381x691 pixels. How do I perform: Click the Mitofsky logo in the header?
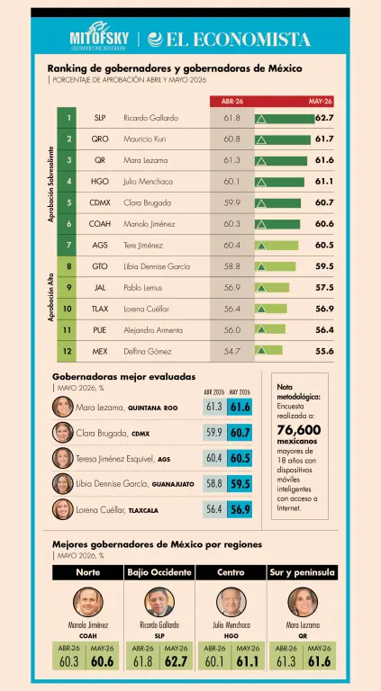click(99, 33)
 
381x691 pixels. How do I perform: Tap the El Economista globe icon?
click(156, 40)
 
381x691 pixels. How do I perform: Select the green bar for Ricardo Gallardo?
click(285, 119)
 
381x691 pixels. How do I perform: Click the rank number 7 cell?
click(68, 245)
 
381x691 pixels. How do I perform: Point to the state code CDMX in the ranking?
click(100, 203)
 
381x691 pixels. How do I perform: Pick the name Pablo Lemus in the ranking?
click(143, 288)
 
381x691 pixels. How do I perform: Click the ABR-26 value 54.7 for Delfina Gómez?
click(232, 351)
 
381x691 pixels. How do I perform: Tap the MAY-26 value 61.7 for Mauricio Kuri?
click(324, 139)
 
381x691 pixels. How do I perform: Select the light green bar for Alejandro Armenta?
click(270, 329)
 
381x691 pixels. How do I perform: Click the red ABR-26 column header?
click(232, 101)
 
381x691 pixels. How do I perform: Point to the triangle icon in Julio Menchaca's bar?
click(261, 183)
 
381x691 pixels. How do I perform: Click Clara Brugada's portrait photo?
click(63, 432)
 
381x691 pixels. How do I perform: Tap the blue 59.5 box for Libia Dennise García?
click(240, 484)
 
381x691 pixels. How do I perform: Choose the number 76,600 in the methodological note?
click(299, 430)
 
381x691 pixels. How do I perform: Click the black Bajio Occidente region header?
click(159, 572)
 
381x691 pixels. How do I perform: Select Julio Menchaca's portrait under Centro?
click(231, 602)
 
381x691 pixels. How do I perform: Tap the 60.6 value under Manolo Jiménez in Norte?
click(103, 661)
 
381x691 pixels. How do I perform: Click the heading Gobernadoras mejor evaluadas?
click(124, 377)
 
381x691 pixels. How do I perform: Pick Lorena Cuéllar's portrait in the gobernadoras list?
click(63, 509)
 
